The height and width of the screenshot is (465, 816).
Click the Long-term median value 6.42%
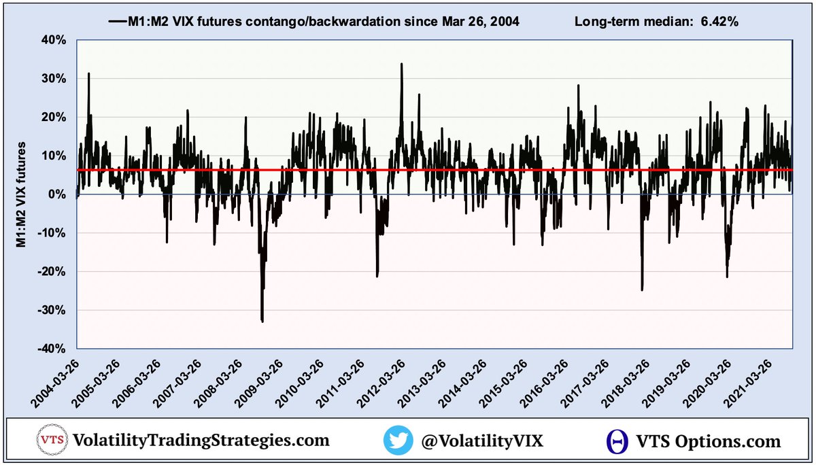(717, 22)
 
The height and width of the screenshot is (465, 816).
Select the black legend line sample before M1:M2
(116, 22)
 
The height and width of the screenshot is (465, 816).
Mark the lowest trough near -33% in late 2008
(262, 321)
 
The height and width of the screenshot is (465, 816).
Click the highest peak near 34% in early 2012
(401, 64)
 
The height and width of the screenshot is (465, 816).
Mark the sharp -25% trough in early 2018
(642, 290)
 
